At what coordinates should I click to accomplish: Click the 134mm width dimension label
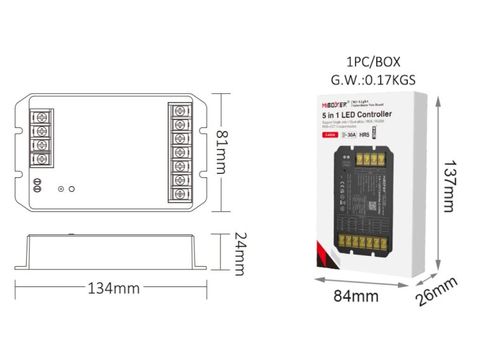(x=113, y=288)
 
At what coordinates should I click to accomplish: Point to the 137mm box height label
(x=448, y=182)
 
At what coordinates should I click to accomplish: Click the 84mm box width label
(x=357, y=296)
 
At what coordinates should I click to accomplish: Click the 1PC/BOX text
(x=374, y=63)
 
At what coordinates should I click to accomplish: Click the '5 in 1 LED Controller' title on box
(x=357, y=114)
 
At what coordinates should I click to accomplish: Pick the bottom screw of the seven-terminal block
(x=180, y=194)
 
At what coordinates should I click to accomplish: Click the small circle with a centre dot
(x=61, y=189)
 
